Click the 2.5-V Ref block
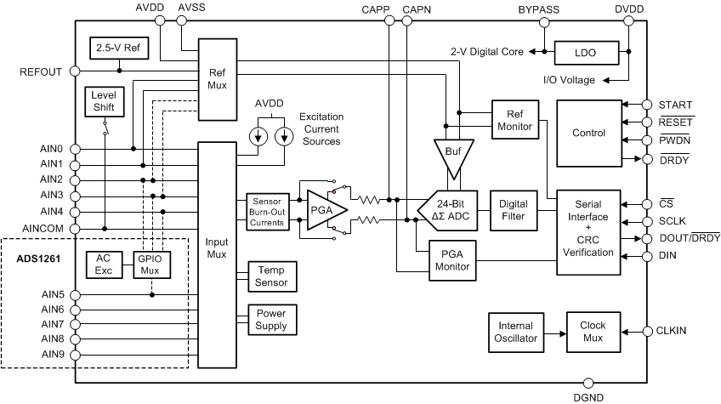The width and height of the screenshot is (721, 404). [x=118, y=48]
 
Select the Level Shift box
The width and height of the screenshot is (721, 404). [x=103, y=102]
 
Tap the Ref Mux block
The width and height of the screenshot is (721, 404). [x=217, y=79]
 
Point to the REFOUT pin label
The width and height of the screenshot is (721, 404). [x=40, y=72]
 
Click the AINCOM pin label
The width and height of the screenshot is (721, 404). [x=39, y=229]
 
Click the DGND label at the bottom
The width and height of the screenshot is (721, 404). [x=588, y=395]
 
